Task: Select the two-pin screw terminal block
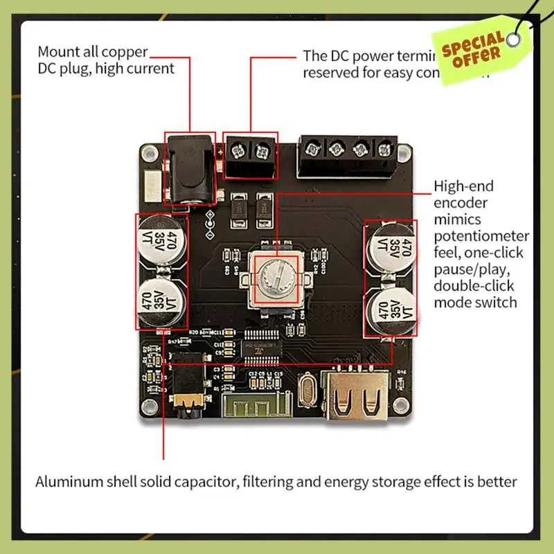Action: [250, 157]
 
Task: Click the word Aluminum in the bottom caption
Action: [68, 482]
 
